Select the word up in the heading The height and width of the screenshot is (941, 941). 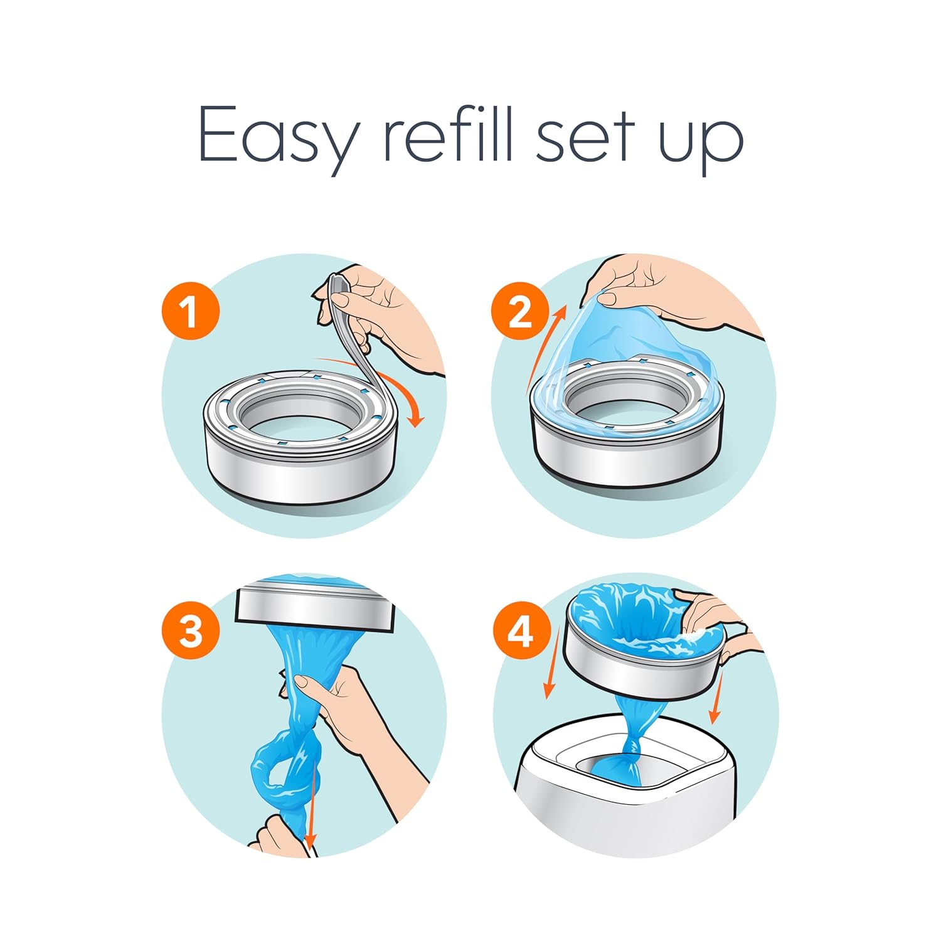[x=700, y=142]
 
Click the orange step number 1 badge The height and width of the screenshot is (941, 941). [x=190, y=311]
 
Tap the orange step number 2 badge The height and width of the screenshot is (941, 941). [x=520, y=311]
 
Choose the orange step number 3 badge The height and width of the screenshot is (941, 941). [x=190, y=631]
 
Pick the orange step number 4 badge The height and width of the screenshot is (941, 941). [x=520, y=631]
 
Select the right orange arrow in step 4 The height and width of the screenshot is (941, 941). [x=716, y=696]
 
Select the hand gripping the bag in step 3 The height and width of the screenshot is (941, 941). [x=339, y=703]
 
